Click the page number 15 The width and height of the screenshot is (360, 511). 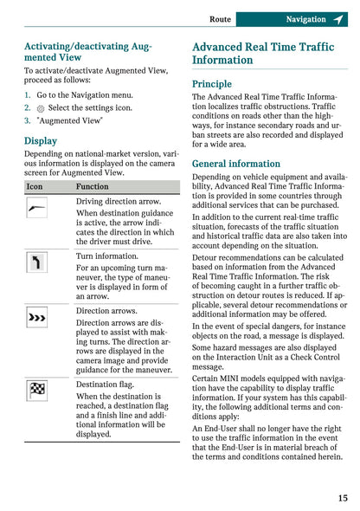tap(343, 497)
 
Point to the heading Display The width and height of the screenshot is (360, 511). tap(41, 140)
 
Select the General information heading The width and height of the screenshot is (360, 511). tap(236, 164)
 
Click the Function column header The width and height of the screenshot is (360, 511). tap(92, 186)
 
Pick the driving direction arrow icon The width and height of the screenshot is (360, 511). tap(36, 208)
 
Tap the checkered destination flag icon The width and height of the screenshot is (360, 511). tap(36, 389)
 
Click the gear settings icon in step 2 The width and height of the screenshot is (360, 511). tap(40, 108)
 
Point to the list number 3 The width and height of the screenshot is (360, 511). tap(28, 121)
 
